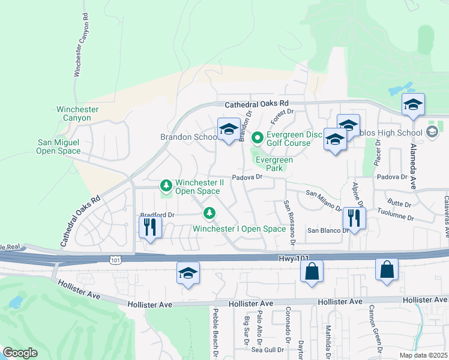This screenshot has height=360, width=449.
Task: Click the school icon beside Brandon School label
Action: [x=228, y=130]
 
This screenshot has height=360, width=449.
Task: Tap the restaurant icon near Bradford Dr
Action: [x=149, y=227]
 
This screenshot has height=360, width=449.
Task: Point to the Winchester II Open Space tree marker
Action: [x=166, y=187]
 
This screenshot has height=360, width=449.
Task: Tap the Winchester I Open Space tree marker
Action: [x=209, y=212]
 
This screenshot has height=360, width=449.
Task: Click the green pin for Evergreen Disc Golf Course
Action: [x=258, y=139]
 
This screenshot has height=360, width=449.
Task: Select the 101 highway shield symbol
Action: [x=115, y=259]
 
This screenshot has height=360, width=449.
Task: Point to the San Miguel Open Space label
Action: [x=59, y=146]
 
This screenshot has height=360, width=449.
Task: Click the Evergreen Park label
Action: [x=274, y=164]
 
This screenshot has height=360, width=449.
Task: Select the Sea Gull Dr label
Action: [x=267, y=349]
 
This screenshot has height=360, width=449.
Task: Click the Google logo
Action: [x=20, y=353]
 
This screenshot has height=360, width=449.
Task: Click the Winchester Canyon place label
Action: [x=77, y=113]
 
